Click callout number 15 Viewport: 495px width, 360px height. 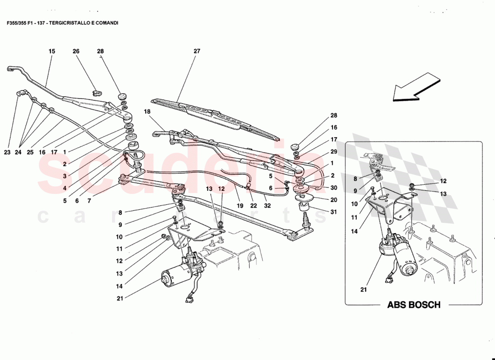coord(52,51)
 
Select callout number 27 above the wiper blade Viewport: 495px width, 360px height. coord(197,51)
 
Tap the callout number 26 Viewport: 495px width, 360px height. coord(76,51)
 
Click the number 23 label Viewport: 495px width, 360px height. coord(7,152)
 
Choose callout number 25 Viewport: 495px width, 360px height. coord(30,152)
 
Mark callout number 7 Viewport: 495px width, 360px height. coord(89,201)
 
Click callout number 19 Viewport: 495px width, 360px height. coord(240,206)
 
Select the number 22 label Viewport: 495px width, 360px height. coord(253,206)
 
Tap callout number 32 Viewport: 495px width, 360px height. coord(268,206)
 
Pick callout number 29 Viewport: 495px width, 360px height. coord(334,152)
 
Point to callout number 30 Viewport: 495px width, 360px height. coord(334,188)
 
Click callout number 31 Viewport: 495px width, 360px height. coord(334,212)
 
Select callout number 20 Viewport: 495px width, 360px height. coord(334,200)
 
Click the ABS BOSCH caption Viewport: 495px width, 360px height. coord(414,305)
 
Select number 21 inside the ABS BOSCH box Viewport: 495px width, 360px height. coord(364,290)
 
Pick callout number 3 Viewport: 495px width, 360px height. coord(65,176)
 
